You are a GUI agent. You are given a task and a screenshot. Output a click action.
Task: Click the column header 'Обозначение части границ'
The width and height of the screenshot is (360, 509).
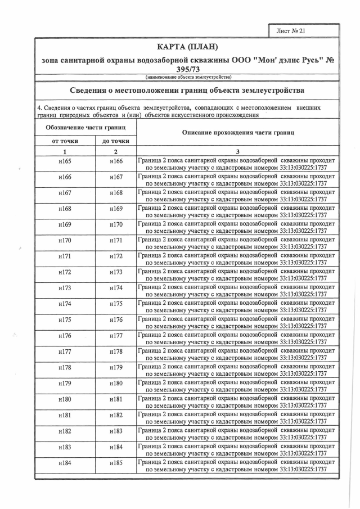pos(85,128)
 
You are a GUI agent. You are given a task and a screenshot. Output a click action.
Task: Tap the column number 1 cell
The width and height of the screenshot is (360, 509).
pos(65,151)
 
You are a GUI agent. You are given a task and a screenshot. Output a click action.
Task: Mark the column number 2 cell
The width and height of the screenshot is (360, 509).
pos(116,151)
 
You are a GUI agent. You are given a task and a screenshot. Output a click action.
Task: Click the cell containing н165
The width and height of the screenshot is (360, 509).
pos(65,162)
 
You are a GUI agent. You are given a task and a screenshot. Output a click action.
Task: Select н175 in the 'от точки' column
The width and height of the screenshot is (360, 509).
pos(65,320)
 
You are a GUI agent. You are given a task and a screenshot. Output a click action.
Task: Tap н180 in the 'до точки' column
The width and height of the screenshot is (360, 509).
pos(116,384)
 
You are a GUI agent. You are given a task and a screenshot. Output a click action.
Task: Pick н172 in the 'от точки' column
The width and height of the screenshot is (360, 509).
pos(65,273)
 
